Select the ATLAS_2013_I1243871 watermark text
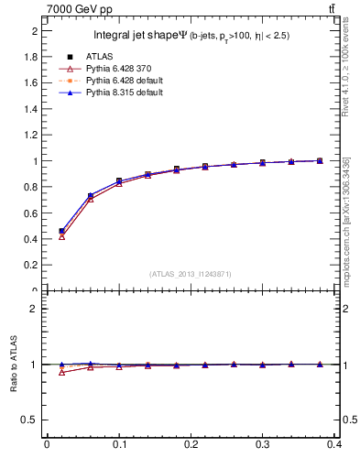pos(191,274)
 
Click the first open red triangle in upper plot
pos(61,236)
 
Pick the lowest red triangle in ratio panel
pos(61,372)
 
